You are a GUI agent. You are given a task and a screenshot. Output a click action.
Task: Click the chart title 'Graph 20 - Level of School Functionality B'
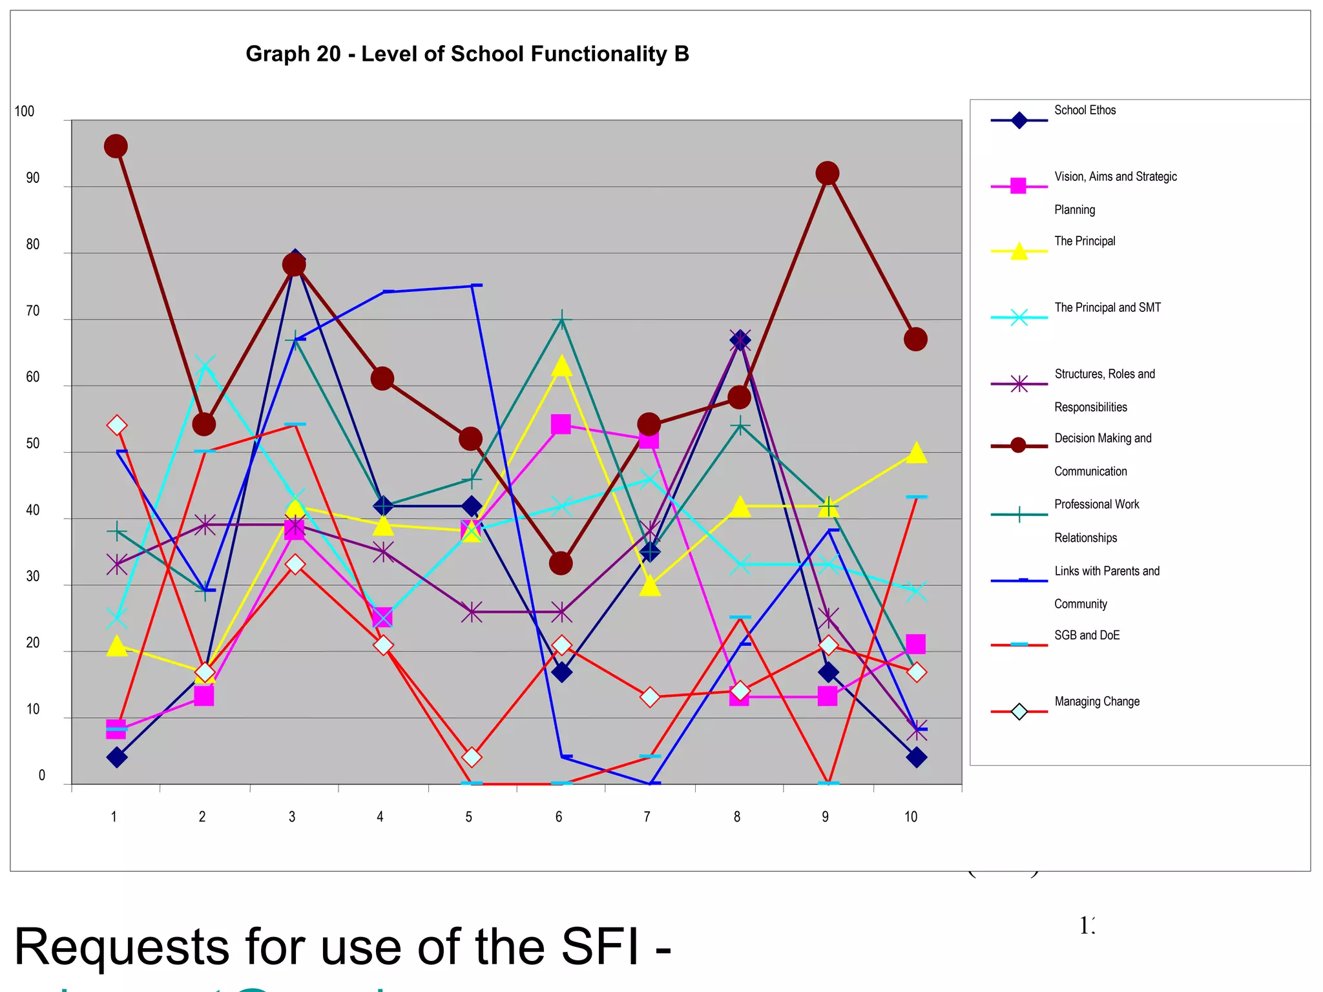click(467, 54)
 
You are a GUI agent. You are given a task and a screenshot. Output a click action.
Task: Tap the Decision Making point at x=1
click(116, 147)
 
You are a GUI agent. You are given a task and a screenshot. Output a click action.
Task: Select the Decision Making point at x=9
click(828, 173)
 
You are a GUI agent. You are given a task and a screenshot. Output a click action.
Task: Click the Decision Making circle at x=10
click(915, 339)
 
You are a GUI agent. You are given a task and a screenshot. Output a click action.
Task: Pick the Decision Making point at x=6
click(561, 563)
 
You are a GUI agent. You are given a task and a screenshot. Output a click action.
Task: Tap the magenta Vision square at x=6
click(561, 424)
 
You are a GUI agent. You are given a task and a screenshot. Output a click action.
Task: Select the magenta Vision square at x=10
click(915, 644)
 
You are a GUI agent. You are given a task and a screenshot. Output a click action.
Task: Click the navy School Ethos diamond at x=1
click(117, 757)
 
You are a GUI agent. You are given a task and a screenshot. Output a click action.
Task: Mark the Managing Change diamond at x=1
click(117, 425)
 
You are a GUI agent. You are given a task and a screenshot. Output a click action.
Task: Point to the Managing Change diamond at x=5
click(472, 757)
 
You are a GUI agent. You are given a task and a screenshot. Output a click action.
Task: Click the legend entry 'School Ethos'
click(1085, 110)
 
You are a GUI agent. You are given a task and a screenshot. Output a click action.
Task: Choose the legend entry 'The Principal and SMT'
click(1107, 308)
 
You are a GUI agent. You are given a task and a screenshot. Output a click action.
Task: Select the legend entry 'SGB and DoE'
click(1087, 635)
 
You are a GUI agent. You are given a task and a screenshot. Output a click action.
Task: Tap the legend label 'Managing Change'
click(1097, 702)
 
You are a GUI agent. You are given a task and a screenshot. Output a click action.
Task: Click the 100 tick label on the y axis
click(25, 112)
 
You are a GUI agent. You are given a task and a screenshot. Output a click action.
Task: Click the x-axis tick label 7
click(647, 817)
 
